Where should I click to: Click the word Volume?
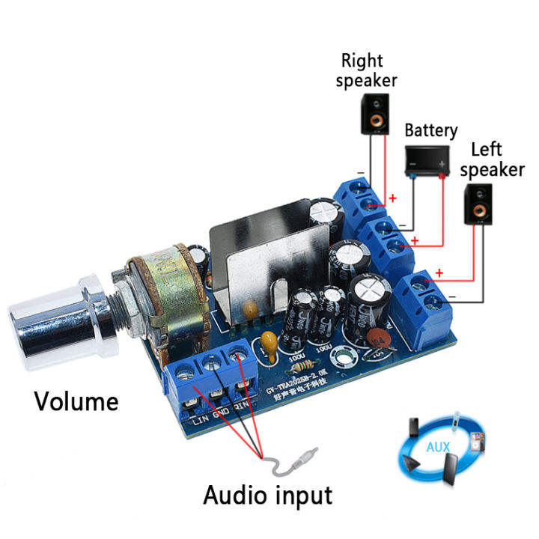76,401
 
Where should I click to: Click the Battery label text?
430,130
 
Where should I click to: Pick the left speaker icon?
478,204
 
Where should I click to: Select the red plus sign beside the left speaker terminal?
439,273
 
